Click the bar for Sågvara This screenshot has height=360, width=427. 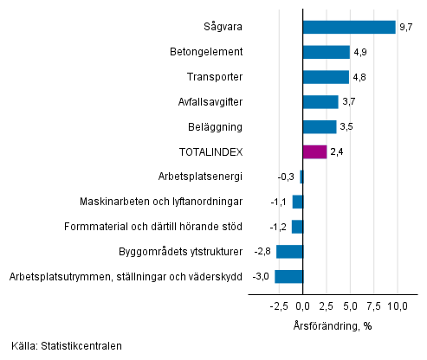pos(349,27)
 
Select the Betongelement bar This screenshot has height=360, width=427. pos(327,52)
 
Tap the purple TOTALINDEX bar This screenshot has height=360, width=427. pos(314,152)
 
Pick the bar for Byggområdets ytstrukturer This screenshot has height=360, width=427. pos(289,252)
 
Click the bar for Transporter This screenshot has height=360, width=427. pos(326,77)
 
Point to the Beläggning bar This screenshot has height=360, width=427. pos(320,127)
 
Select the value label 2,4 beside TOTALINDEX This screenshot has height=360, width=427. pos(336,152)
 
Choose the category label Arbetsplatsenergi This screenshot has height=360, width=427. pos(200,177)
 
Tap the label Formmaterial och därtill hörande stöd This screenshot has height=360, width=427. pos(153,227)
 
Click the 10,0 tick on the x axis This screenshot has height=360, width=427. pos(397,306)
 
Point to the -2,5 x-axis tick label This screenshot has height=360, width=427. pos(278,306)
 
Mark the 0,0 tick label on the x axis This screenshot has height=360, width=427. pos(303,306)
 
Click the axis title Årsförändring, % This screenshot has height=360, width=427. pos(332,325)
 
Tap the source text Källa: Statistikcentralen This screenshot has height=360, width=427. pos(67,346)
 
